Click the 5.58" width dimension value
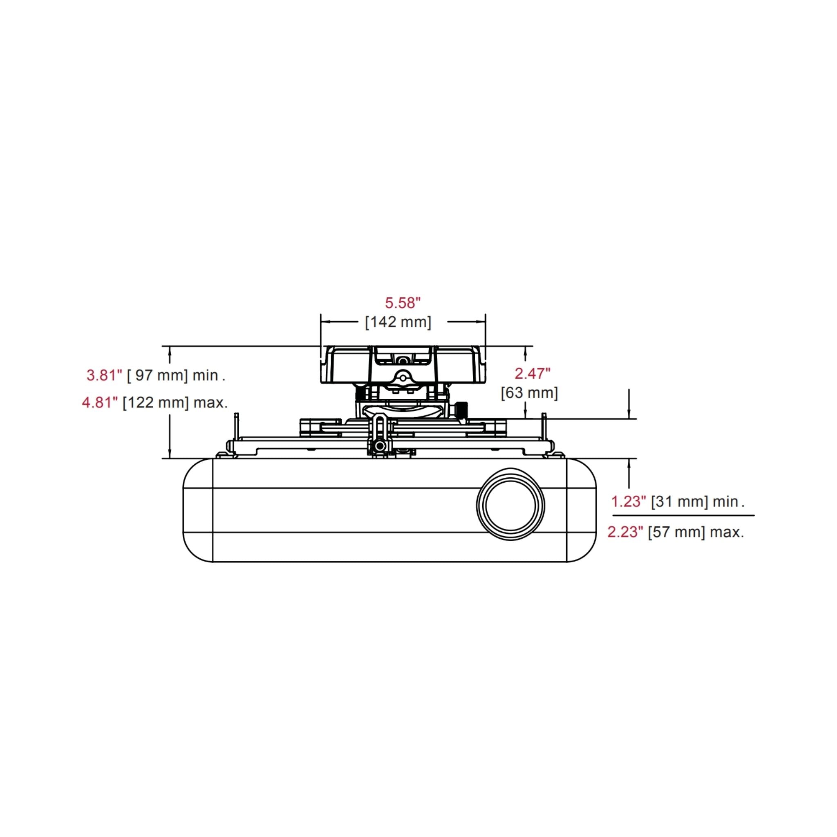coord(403,303)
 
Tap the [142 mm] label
coord(398,322)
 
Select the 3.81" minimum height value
coord(104,375)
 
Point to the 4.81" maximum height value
coord(100,403)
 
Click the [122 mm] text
coord(156,403)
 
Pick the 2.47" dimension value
coord(533,374)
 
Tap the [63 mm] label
coord(529,393)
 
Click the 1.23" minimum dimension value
coord(628,502)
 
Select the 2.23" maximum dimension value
coord(625,532)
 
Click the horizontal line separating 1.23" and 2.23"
coord(683,515)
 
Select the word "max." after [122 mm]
coord(210,403)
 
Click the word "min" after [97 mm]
coord(205,375)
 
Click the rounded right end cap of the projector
coord(581,510)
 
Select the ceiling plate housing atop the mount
coord(403,364)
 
